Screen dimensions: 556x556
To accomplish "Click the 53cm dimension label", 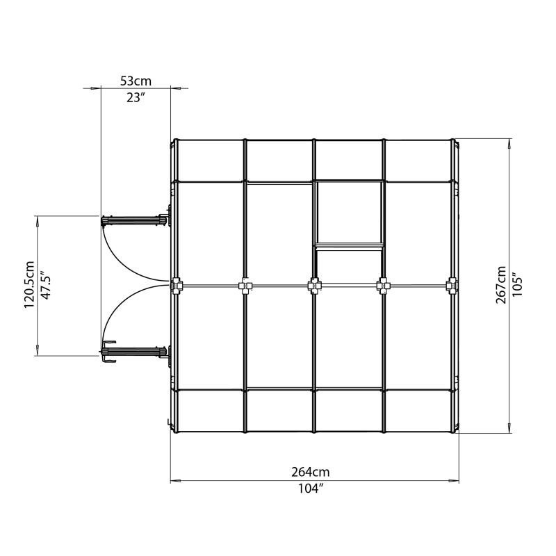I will pos(136,81).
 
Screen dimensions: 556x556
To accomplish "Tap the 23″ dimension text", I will pos(136,97).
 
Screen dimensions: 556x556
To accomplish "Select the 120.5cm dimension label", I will pos(29,285).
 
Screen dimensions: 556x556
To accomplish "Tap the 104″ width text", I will pos(315,489).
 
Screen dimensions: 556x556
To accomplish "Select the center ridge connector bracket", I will pos(314,285).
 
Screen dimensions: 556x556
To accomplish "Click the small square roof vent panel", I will pos(349,213).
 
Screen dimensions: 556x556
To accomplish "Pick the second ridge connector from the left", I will pos(245,285).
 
